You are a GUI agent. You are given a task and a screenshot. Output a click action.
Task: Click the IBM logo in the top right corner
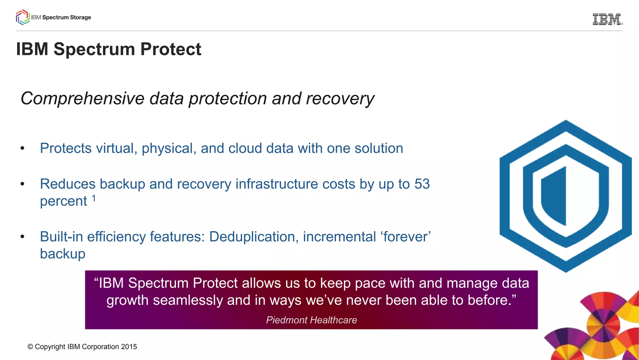607,19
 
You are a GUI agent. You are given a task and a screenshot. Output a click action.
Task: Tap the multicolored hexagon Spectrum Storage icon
22,17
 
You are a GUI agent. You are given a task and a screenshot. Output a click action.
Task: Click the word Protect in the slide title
171,49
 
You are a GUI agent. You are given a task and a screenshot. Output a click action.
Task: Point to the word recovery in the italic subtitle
340,99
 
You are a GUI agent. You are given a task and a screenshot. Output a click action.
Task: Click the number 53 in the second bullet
422,184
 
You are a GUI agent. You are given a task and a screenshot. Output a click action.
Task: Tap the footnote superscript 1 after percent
94,198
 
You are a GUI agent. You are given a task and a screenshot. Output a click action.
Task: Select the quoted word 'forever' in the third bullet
405,237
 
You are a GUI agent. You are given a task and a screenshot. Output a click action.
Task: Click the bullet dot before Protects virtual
22,148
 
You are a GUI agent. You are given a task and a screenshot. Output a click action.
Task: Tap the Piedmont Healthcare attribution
311,320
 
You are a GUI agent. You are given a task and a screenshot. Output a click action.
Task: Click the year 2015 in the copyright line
129,347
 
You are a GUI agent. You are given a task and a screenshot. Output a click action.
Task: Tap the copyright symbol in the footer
30,347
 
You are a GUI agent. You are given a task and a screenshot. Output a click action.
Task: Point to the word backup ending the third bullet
63,254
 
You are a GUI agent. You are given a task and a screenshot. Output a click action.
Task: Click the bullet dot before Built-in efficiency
22,237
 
